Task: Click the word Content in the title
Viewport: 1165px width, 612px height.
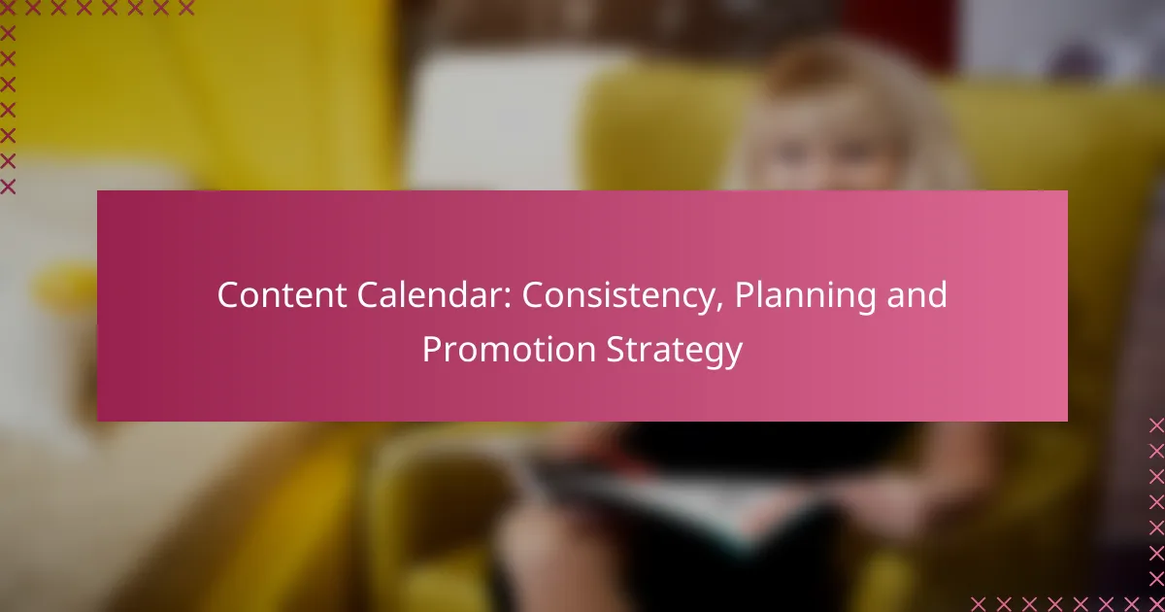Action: pyautogui.click(x=282, y=295)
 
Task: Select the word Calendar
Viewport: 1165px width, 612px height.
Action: pyautogui.click(x=429, y=295)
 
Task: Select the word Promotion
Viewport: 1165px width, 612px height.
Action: pyautogui.click(x=509, y=349)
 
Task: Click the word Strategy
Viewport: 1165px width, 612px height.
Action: pyautogui.click(x=675, y=352)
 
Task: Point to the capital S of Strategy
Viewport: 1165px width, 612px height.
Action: pyautogui.click(x=616, y=349)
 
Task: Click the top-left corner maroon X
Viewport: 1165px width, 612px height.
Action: pyautogui.click(x=8, y=8)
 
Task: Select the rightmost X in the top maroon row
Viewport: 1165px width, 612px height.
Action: pyautogui.click(x=186, y=8)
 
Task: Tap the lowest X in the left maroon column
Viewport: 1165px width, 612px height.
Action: pyautogui.click(x=8, y=187)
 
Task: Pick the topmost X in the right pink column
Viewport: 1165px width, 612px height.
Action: pyautogui.click(x=1156, y=425)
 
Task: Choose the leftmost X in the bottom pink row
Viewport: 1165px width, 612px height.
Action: pyautogui.click(x=979, y=604)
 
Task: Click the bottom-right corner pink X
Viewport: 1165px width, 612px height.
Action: pyautogui.click(x=1156, y=604)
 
